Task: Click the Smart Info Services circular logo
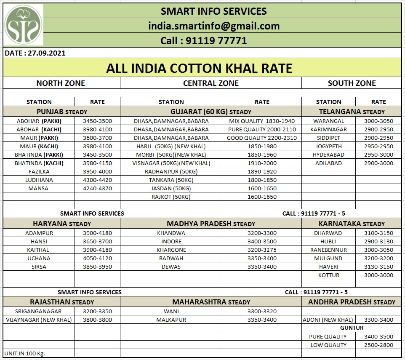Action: click(24, 25)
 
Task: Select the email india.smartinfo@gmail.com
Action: click(214, 26)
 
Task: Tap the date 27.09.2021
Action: click(35, 53)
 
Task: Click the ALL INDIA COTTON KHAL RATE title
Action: click(199, 68)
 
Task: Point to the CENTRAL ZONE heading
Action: click(210, 83)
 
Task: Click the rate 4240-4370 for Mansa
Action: click(97, 188)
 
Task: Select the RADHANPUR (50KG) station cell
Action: click(171, 171)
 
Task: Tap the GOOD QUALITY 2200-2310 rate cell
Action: click(261, 138)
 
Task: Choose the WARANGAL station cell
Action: click(328, 121)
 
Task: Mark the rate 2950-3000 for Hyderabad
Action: click(378, 155)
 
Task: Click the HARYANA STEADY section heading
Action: click(61, 224)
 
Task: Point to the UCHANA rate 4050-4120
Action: click(97, 258)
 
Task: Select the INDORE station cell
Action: click(171, 241)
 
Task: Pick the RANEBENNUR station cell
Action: click(328, 250)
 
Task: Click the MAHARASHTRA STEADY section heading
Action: click(210, 302)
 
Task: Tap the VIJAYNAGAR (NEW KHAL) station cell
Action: click(39, 320)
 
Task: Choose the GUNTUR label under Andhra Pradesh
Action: click(352, 328)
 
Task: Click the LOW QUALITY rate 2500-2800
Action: click(378, 345)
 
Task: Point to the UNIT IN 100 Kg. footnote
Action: click(24, 353)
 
